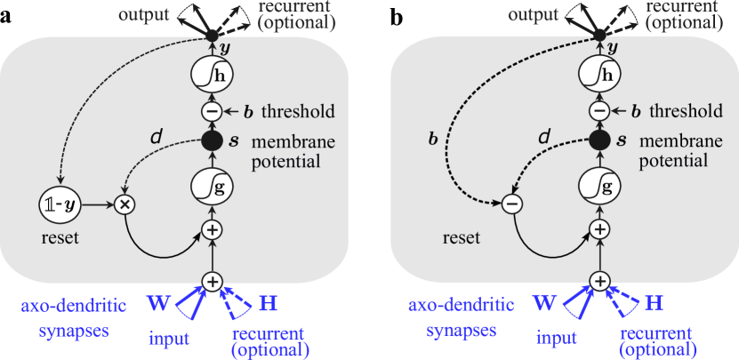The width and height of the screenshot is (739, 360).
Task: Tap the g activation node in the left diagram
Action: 212,188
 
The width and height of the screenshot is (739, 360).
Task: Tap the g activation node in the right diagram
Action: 600,188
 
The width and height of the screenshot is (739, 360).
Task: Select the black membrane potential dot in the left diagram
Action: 212,140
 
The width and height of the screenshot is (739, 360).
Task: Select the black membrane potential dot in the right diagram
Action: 600,140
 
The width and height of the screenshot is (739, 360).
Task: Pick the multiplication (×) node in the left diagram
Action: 125,204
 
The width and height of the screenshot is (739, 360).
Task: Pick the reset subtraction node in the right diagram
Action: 511,204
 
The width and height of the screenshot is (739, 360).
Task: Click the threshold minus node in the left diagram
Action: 212,111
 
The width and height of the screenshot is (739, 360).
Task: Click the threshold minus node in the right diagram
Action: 600,111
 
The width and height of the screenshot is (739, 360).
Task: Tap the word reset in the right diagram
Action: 461,238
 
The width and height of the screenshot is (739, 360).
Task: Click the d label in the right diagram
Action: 544,138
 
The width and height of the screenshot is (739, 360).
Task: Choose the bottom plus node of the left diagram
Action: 212,281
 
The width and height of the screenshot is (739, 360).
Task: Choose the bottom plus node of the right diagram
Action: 600,281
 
